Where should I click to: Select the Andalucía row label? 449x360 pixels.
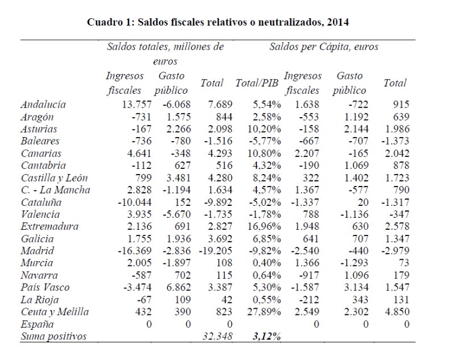coord(43,104)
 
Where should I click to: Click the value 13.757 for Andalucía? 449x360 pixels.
coord(131,104)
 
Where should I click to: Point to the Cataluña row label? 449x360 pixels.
coord(41,202)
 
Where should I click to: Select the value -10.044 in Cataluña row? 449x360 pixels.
coord(128,202)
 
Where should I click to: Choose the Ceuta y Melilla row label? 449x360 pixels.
coord(55,312)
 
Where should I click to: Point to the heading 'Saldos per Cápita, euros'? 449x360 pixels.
coord(324,47)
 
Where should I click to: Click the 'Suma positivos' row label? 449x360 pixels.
coord(53,337)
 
